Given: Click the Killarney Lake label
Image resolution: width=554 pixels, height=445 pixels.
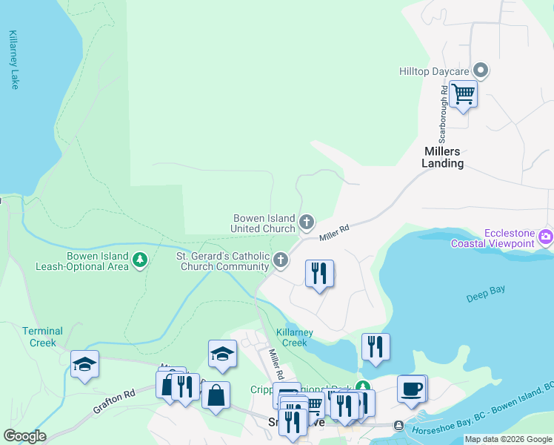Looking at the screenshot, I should [13, 60].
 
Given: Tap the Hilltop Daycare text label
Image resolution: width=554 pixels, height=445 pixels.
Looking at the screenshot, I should [434, 71].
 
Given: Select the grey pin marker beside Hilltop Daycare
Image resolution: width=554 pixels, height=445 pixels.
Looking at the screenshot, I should [481, 71].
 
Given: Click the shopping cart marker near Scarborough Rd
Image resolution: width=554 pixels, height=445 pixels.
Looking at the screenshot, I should [463, 94].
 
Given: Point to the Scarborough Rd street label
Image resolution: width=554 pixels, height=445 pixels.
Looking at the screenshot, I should [443, 113].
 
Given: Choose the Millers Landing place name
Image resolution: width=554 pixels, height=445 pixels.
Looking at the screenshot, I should [443, 157].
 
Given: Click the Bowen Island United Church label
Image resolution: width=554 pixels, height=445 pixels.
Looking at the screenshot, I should [264, 223].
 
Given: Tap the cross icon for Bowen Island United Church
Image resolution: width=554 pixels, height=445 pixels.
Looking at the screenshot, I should [306, 222].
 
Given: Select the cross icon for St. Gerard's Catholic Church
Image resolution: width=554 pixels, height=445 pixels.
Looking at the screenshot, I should [280, 260].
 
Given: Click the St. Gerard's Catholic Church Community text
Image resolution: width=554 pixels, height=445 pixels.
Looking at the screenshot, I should [221, 261].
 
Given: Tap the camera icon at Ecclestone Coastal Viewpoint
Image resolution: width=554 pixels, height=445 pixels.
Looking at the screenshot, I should [547, 237].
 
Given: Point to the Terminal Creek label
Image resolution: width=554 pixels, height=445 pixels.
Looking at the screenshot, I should [42, 337].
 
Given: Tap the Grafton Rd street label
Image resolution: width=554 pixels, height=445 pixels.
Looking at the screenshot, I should [113, 402].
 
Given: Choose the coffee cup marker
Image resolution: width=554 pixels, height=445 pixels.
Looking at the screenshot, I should [411, 388].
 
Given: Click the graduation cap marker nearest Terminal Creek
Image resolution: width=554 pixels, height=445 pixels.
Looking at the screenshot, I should [84, 364].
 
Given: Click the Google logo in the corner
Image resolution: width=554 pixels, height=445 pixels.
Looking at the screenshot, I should [24, 436].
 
